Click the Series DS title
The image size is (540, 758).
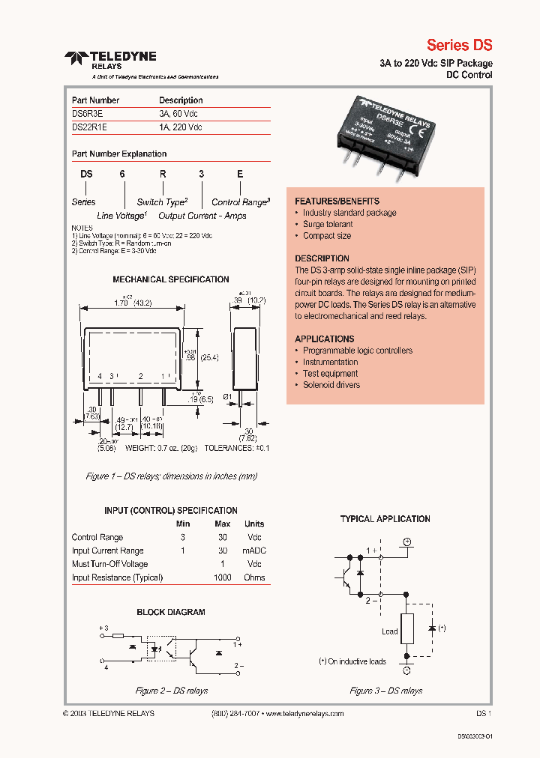(459, 44)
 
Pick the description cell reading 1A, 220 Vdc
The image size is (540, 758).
(180, 127)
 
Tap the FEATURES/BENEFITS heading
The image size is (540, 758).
(337, 201)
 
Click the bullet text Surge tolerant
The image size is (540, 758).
(328, 224)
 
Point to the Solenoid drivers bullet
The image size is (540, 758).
(331, 385)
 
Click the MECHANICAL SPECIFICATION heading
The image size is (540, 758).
(170, 279)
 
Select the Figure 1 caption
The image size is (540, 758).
(172, 476)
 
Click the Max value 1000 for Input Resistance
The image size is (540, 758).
(222, 577)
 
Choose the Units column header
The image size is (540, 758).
(254, 524)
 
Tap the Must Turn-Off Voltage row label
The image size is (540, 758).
(109, 564)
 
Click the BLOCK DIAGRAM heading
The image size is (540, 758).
(170, 612)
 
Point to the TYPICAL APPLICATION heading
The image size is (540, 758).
(385, 518)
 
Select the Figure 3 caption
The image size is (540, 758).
(385, 691)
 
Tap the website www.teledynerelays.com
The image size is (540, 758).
(304, 714)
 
